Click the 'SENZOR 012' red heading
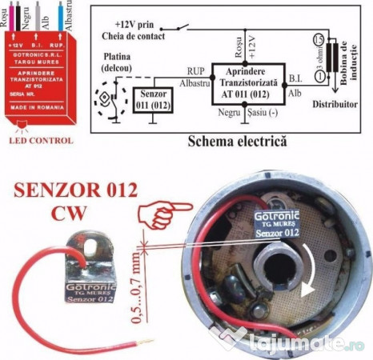[77, 192]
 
